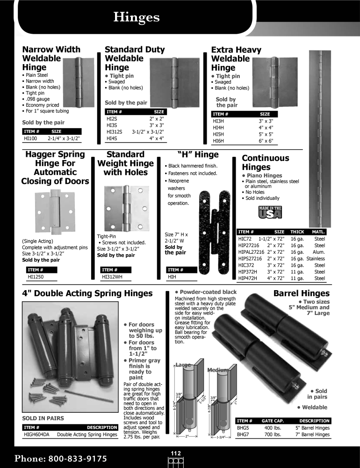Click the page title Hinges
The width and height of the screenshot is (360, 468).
(137, 17)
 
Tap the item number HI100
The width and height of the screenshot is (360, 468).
(30, 139)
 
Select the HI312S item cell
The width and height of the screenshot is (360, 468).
(114, 132)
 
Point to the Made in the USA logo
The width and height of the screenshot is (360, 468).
(270, 212)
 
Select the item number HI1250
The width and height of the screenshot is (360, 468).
(36, 277)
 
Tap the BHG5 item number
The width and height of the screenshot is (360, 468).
(243, 428)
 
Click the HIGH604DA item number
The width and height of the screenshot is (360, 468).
(37, 435)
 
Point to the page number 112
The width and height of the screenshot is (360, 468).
(175, 453)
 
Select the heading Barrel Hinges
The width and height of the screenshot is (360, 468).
(301, 293)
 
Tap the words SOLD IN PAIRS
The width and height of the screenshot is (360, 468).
(43, 417)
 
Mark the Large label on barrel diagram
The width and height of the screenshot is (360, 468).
(183, 365)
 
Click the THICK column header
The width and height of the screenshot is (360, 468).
(297, 232)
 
